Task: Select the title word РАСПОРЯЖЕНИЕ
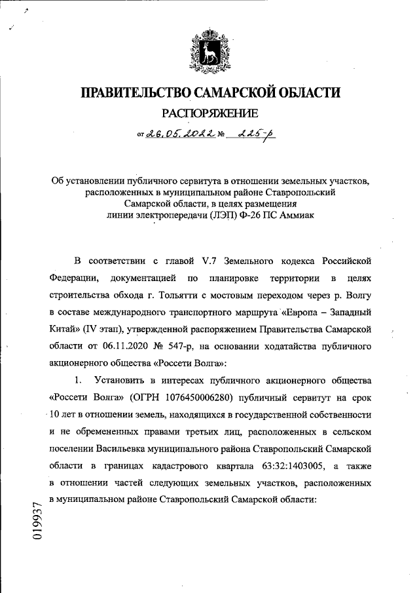[x=209, y=114]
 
